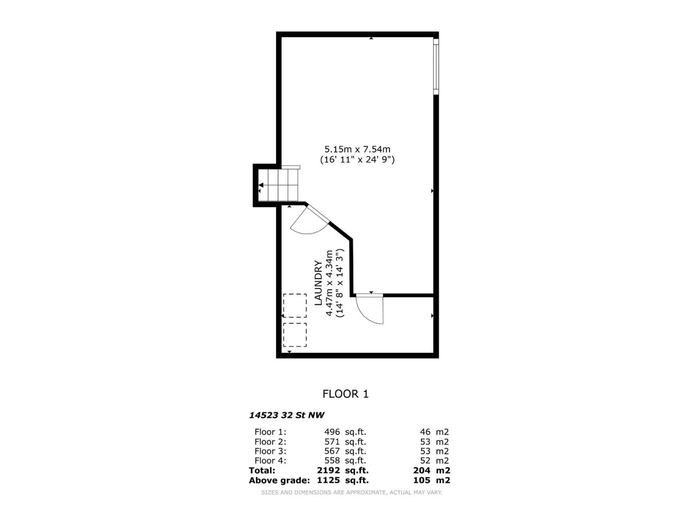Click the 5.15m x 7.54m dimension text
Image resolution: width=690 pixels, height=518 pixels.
[x=357, y=149]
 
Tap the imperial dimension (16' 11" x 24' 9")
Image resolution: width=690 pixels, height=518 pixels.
[x=357, y=160]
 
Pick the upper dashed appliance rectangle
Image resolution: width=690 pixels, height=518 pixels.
[x=295, y=306]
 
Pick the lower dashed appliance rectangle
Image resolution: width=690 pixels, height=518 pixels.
[x=295, y=335]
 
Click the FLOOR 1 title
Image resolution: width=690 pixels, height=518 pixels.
[x=345, y=394]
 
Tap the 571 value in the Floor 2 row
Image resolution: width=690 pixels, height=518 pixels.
[x=332, y=442]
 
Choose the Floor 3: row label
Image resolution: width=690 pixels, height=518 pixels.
[x=270, y=451]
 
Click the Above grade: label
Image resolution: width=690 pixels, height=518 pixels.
[x=279, y=480]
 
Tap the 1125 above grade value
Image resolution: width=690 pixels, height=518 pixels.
[x=328, y=480]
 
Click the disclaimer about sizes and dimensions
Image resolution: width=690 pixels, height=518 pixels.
[x=351, y=492]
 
